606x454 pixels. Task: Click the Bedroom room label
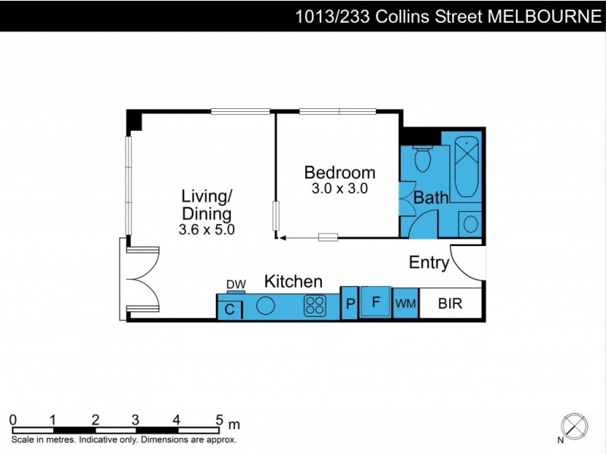(x=339, y=172)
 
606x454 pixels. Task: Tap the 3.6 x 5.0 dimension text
(x=207, y=229)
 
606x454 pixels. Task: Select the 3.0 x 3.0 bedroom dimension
(x=339, y=189)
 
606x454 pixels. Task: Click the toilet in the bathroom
(x=423, y=158)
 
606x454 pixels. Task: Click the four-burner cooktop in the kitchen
(x=315, y=306)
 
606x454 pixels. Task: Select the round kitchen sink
(x=266, y=306)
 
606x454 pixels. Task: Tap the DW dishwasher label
(x=236, y=285)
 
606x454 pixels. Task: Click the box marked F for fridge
(x=374, y=302)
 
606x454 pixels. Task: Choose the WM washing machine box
(x=405, y=303)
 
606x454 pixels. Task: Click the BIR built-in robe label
(x=451, y=303)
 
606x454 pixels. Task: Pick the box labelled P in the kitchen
(x=349, y=303)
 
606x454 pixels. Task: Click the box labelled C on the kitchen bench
(x=230, y=309)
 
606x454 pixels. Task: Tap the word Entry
(x=429, y=263)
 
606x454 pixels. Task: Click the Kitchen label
(x=293, y=281)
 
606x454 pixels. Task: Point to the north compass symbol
(x=575, y=425)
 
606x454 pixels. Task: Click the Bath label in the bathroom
(x=431, y=197)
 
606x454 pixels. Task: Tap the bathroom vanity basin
(x=470, y=224)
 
